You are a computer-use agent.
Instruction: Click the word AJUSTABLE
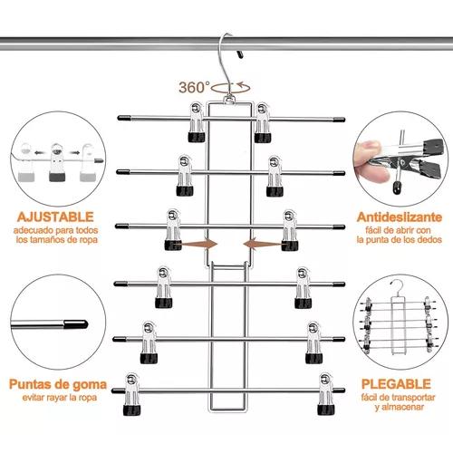coord(55,217)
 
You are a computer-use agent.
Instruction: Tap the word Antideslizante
coord(399,217)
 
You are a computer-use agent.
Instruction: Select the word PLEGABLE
coord(396,384)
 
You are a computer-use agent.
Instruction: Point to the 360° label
coord(194,87)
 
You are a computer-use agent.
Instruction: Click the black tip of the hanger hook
coord(240,54)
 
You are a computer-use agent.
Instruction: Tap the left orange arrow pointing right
coord(199,244)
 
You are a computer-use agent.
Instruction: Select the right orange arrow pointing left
coord(262,244)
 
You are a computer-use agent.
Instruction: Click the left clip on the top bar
coord(197,122)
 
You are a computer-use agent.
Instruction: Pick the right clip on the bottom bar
coord(326,394)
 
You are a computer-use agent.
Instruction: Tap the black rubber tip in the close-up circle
coord(76,324)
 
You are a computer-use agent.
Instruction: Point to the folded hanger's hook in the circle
coord(398,286)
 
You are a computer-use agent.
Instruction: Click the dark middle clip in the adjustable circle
coord(57,163)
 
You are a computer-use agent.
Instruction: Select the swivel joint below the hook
coord(229,99)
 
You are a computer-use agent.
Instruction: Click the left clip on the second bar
coord(185,176)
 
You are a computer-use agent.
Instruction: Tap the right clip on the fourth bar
coord(303,287)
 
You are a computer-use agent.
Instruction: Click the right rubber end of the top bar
coord(339,120)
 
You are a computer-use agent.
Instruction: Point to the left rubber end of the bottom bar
coord(118,391)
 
